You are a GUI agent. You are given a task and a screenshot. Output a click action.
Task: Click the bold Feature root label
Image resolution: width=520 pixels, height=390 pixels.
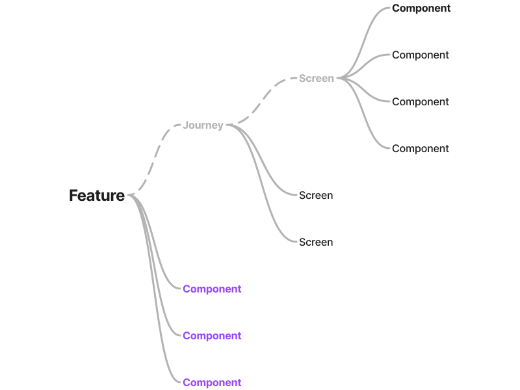pos(97,195)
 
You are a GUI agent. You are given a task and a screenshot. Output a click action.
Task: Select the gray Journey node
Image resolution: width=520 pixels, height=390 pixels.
pos(203,125)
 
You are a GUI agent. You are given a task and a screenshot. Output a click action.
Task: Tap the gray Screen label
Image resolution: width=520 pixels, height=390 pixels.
pos(317,78)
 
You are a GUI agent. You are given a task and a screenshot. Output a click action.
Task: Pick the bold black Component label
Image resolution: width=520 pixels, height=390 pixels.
pos(421,8)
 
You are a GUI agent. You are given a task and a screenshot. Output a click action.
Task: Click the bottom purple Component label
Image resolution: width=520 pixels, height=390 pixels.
pos(212,382)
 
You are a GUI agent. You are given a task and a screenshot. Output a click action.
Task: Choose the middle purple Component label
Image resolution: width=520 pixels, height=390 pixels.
pos(212,335)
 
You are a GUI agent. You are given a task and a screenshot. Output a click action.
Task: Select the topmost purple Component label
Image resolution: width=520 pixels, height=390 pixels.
pos(212,289)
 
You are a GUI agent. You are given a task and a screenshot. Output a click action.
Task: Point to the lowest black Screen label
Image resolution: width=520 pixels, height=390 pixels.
pos(316,242)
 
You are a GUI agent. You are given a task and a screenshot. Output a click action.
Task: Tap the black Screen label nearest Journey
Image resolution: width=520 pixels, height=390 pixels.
pos(316,195)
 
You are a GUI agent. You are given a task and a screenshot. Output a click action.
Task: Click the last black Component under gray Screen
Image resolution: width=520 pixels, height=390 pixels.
pos(421,148)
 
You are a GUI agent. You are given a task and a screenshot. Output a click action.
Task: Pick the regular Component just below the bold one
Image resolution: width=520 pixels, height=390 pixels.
pos(421,55)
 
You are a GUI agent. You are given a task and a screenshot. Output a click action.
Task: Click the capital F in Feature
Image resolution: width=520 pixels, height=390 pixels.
pos(73,195)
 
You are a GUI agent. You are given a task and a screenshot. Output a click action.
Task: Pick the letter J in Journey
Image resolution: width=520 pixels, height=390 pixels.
pos(185,125)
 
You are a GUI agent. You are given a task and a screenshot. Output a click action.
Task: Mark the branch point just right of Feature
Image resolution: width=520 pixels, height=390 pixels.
pos(130,195)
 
